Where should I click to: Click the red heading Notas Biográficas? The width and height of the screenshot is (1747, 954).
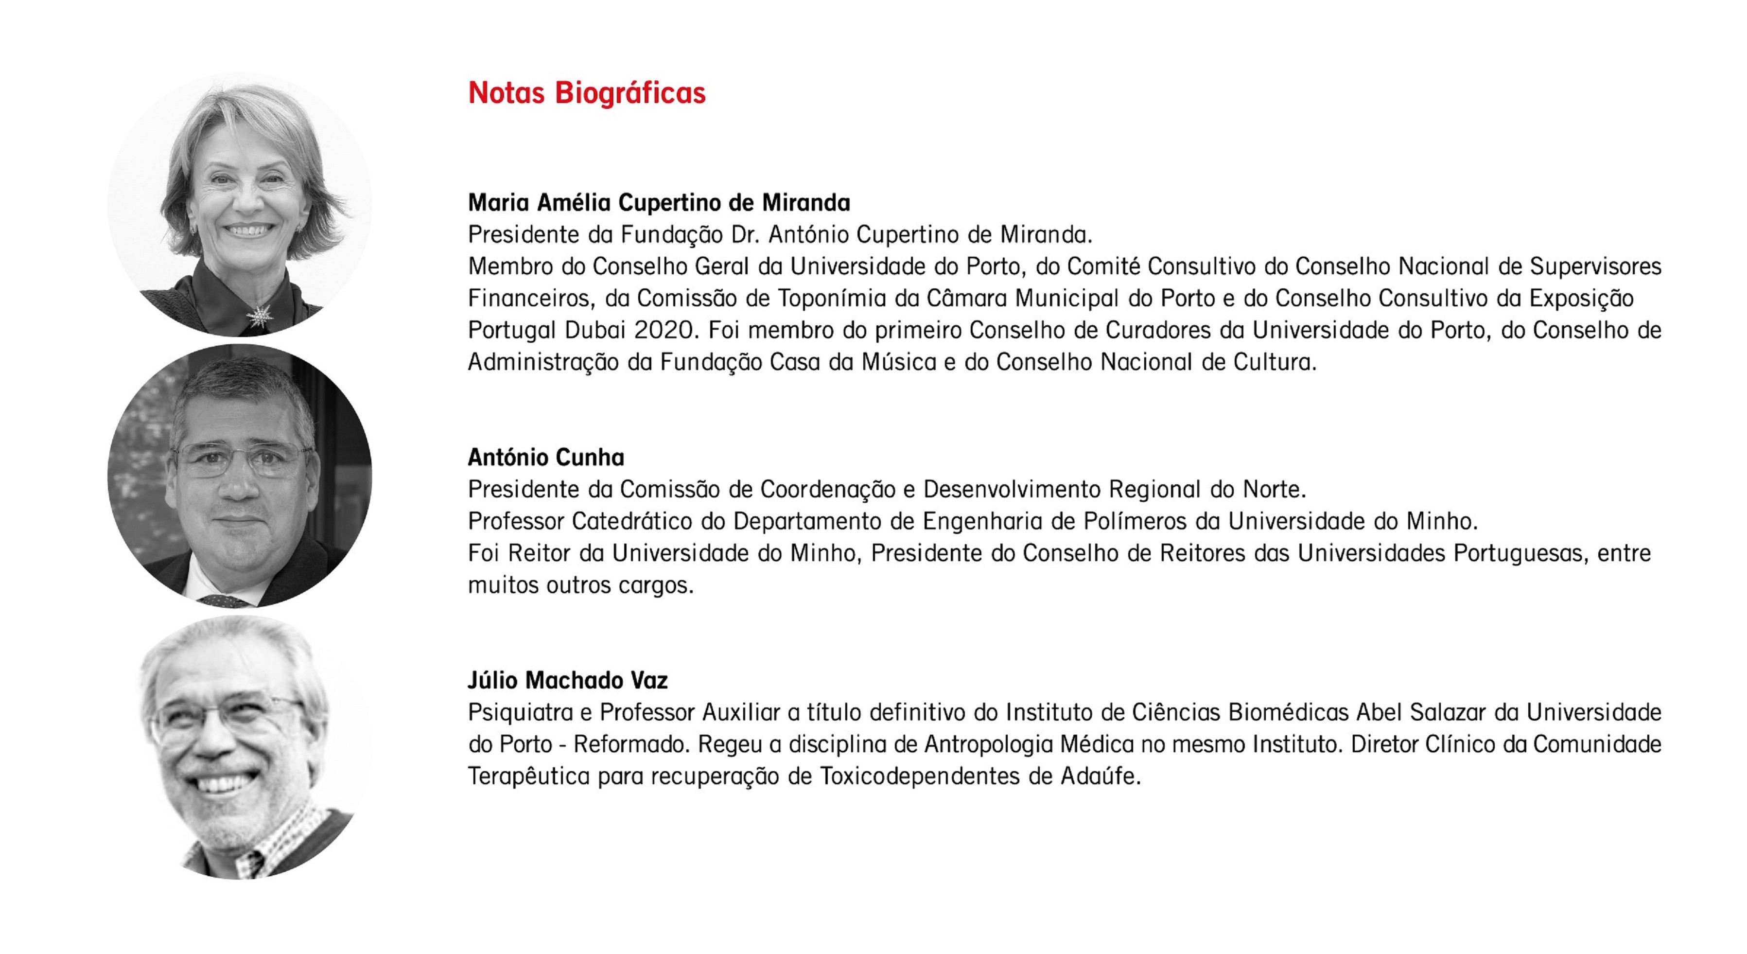click(587, 93)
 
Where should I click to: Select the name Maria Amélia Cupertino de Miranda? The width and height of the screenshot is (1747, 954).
click(659, 202)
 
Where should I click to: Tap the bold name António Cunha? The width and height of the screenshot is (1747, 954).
click(546, 458)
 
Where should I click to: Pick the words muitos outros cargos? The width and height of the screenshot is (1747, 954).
click(580, 585)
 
